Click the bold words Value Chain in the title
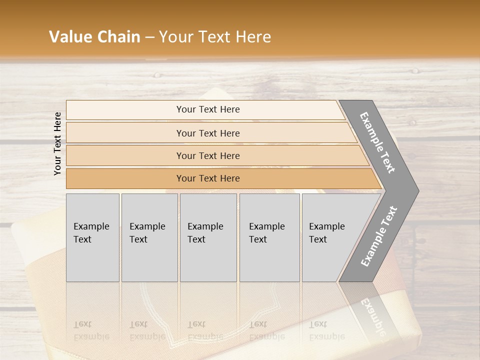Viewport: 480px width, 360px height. [x=94, y=37]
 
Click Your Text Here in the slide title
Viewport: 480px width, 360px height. [x=215, y=37]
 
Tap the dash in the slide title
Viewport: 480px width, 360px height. [x=149, y=37]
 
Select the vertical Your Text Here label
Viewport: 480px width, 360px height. [x=57, y=143]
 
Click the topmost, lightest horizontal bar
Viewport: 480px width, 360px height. [x=207, y=109]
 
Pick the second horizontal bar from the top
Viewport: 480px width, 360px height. [x=207, y=133]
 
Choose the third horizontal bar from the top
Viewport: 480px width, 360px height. [x=207, y=155]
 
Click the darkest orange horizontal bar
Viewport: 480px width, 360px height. [x=207, y=178]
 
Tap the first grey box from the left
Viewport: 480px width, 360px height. [x=92, y=237]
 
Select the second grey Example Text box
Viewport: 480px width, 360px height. [x=149, y=237]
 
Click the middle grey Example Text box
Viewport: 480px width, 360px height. [x=208, y=237]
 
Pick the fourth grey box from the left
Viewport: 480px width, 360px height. [x=269, y=237]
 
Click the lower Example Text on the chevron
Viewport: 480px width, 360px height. [x=379, y=236]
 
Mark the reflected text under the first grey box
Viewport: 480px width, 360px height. [x=91, y=330]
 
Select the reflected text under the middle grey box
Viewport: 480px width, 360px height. [x=205, y=330]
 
